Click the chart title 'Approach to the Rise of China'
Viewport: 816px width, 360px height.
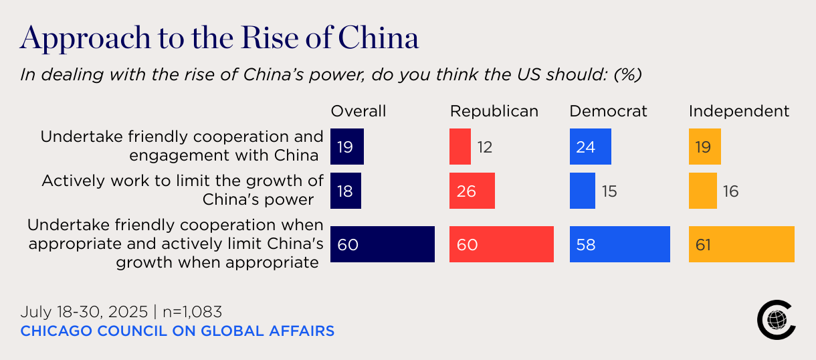point(219,39)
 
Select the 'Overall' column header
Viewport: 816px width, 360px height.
point(359,111)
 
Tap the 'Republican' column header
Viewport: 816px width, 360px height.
point(494,111)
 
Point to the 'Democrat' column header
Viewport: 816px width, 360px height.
point(608,111)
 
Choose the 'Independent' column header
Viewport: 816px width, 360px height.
point(739,111)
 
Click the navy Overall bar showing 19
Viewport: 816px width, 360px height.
point(347,147)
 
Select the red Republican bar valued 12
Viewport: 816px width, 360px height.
point(460,147)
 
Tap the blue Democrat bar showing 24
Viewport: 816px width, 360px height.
point(590,147)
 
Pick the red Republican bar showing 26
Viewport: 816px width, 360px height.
point(472,191)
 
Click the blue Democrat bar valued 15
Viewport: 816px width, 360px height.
point(582,191)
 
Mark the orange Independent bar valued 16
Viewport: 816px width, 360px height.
point(703,191)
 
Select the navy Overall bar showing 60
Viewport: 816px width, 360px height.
point(383,244)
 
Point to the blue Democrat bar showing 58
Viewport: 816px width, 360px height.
point(619,244)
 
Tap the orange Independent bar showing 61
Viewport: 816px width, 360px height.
point(741,244)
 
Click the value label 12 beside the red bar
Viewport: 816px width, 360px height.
point(485,147)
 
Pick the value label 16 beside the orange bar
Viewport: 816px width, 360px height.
point(731,191)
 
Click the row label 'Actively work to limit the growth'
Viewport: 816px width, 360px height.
point(183,181)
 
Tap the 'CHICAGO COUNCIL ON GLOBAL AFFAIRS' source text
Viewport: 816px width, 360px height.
point(177,331)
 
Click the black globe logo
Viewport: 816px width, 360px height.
point(776,320)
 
